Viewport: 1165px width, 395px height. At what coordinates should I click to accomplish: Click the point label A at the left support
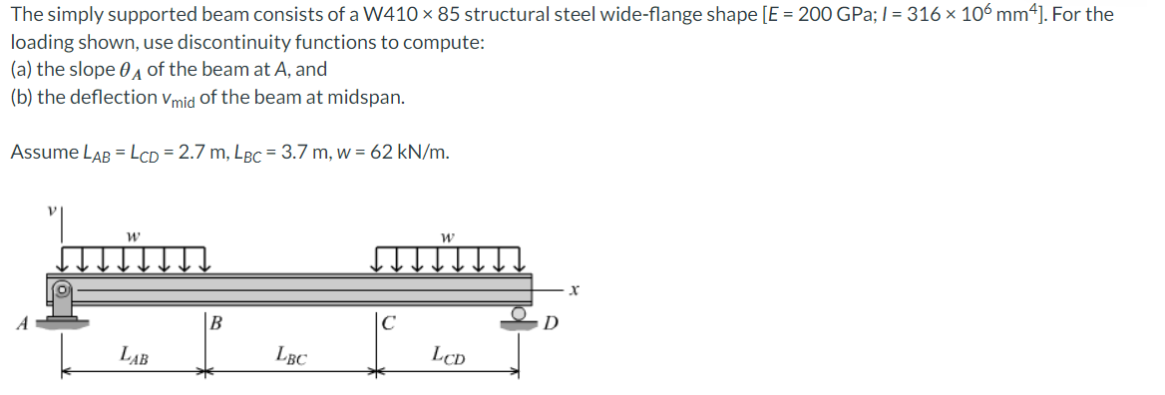pos(24,324)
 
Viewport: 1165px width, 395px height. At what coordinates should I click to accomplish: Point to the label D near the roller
pos(551,324)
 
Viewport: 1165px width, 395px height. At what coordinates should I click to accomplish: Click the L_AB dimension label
pos(134,356)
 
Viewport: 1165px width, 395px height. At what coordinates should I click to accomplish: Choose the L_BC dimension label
pos(290,356)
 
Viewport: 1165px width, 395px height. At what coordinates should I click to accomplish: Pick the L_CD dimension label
pos(449,356)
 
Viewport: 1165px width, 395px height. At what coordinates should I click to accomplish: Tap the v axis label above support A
pos(51,210)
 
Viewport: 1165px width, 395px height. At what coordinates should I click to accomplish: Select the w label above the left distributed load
pos(133,238)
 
